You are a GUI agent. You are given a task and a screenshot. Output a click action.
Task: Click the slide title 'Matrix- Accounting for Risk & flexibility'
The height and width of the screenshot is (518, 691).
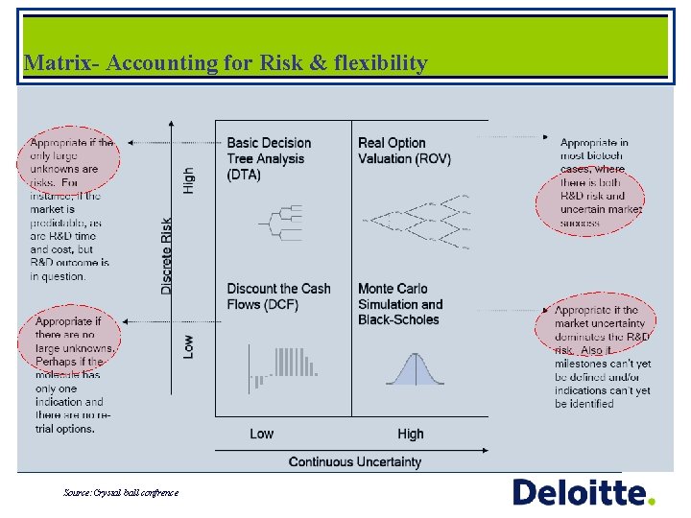click(226, 63)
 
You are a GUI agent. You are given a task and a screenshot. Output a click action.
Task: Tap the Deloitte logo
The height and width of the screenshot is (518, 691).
click(584, 493)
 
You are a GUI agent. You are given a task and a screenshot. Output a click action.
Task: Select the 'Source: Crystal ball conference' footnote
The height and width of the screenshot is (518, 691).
click(121, 492)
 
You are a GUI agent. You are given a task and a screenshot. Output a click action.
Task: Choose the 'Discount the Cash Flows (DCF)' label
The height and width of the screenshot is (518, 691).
click(278, 296)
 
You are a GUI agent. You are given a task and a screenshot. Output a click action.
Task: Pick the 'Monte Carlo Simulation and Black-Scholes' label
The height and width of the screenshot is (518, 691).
click(400, 304)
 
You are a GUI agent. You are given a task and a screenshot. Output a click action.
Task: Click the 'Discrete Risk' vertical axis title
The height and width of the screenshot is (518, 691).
click(167, 253)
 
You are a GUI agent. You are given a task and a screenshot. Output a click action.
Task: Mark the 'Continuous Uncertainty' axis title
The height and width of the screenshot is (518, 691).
click(355, 461)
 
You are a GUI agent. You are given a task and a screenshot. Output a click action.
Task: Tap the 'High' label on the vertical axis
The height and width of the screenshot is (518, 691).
click(188, 179)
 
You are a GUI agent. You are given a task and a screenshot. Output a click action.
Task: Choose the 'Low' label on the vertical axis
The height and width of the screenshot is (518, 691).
click(188, 345)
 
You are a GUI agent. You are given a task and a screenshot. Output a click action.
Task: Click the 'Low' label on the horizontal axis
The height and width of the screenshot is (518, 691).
click(261, 434)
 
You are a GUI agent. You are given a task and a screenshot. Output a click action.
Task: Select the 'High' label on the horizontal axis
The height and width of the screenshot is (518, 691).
click(411, 434)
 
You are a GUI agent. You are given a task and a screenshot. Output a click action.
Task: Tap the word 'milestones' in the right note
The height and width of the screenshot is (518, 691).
click(583, 364)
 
